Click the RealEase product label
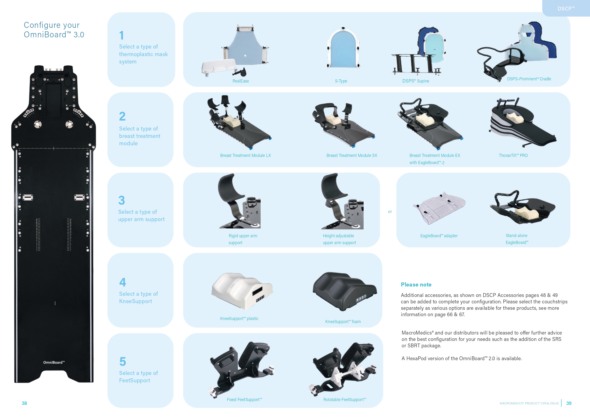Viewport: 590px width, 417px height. [x=240, y=81]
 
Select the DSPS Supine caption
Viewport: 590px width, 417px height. [x=415, y=81]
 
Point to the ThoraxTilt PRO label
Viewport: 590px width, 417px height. [x=513, y=155]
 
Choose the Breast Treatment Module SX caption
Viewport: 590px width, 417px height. [x=351, y=155]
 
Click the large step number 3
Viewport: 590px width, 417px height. [x=122, y=200]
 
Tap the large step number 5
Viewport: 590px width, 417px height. [x=122, y=362]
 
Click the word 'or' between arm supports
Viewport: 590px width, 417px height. [x=390, y=212]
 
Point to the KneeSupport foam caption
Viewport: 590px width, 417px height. [x=343, y=322]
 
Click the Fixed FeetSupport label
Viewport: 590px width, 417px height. [x=244, y=400]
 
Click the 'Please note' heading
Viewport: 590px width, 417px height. [x=416, y=284]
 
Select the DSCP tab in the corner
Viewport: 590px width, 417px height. [x=566, y=9]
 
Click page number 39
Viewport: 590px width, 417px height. [x=569, y=403]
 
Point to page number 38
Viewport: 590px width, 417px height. [x=24, y=403]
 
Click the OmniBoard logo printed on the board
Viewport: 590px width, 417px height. [x=54, y=362]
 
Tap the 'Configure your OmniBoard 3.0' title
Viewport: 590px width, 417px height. [x=54, y=30]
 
